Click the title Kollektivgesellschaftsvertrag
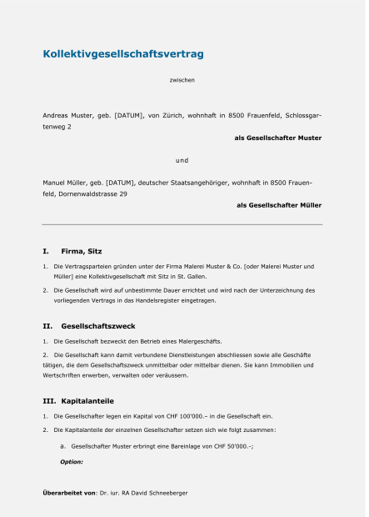pos(123,54)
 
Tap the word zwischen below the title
pos(182,81)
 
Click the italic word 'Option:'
pos(72,461)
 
